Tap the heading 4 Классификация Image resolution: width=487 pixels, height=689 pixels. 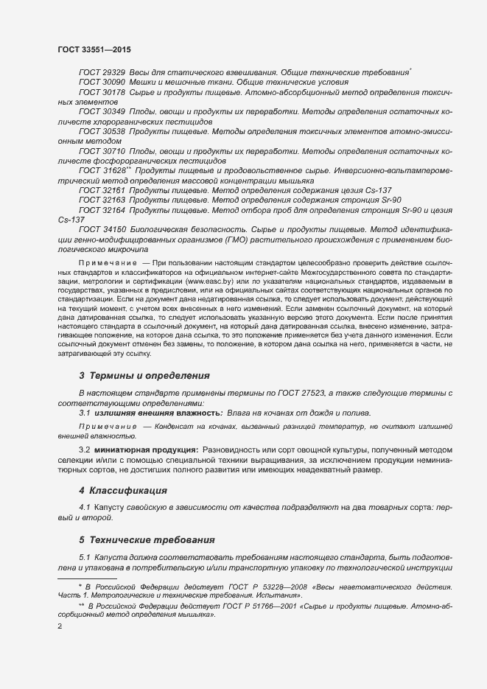click(122, 490)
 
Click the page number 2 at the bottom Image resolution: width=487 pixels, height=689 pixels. click(60, 627)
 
